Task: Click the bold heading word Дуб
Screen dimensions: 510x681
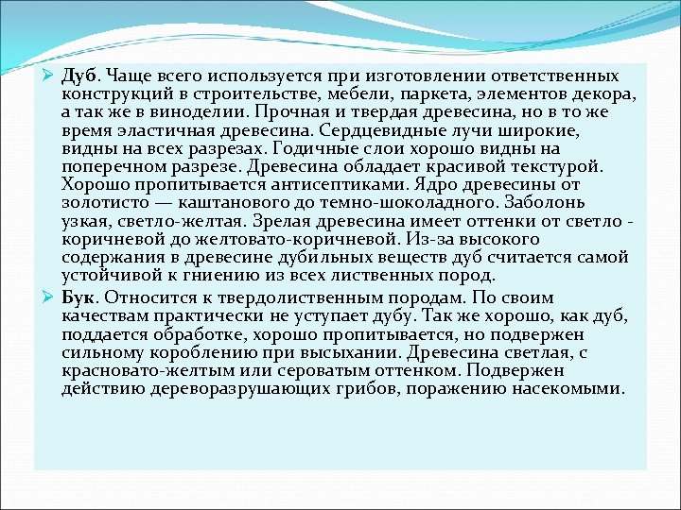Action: click(x=79, y=75)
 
